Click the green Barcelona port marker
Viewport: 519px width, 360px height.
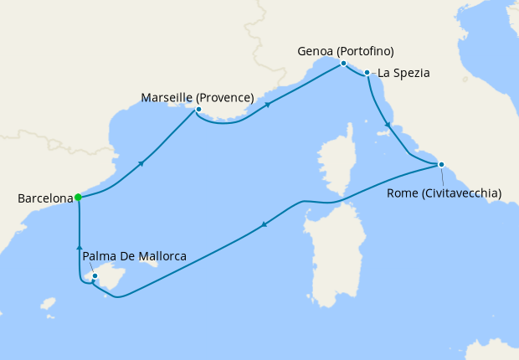coord(78,198)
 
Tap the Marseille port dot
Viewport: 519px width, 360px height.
coord(198,110)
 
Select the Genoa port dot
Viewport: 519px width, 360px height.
coord(343,64)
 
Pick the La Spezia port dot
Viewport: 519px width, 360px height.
coord(367,73)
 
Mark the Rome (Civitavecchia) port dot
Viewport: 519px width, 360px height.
coord(441,164)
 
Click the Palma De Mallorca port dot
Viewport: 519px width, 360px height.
coord(95,275)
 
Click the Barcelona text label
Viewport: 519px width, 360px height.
coord(44,199)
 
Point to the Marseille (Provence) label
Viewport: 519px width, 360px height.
coord(198,98)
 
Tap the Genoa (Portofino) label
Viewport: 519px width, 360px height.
coord(346,51)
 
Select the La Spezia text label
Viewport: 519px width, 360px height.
coord(403,73)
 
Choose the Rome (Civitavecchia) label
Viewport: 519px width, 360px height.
coord(444,193)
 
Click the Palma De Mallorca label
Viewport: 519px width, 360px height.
coord(135,255)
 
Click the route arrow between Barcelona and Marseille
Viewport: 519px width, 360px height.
coord(141,162)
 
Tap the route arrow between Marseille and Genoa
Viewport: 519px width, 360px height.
coord(268,105)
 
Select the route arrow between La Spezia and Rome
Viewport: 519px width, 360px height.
coord(387,126)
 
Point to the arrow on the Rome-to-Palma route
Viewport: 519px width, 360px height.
coord(265,224)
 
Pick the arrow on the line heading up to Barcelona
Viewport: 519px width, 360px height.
coord(79,247)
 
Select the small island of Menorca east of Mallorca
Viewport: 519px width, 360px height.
coord(151,261)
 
